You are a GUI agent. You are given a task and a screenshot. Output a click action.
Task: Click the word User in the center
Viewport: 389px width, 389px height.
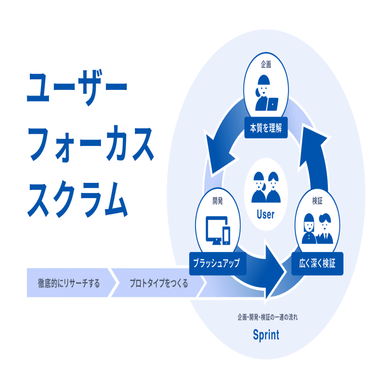[x=265, y=214]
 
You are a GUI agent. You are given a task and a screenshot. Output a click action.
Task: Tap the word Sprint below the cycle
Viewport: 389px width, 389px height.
[x=266, y=335]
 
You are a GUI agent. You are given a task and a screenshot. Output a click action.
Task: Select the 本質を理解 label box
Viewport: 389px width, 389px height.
[x=266, y=128]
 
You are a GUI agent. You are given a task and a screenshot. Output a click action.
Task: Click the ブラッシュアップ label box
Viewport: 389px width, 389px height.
[x=218, y=264]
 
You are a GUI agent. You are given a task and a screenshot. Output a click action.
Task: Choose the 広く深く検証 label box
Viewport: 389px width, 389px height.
[x=317, y=264]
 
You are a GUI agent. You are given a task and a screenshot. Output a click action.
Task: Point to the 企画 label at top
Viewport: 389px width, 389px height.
[x=266, y=65]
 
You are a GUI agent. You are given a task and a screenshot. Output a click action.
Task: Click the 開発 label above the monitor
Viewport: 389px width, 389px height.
[x=218, y=201]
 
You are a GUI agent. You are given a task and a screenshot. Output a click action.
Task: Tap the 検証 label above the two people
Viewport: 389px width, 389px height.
[x=317, y=201]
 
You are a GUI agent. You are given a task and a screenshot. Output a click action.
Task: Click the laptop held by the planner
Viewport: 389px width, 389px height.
[x=273, y=104]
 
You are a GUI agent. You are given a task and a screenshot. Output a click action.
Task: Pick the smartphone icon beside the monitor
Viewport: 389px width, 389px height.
[x=226, y=236]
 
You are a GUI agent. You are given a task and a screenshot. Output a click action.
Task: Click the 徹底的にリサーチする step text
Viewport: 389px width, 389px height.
[x=69, y=283]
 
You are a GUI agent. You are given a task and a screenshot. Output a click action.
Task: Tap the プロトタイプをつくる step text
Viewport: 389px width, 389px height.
[x=159, y=283]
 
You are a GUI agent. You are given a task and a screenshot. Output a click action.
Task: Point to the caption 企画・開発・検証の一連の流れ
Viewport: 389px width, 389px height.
[x=267, y=317]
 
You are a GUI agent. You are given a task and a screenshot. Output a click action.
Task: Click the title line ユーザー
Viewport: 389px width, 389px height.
[x=77, y=88]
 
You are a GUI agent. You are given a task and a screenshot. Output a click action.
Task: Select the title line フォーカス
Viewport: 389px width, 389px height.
[x=90, y=144]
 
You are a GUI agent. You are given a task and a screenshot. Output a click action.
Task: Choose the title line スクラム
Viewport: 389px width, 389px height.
[x=77, y=199]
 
